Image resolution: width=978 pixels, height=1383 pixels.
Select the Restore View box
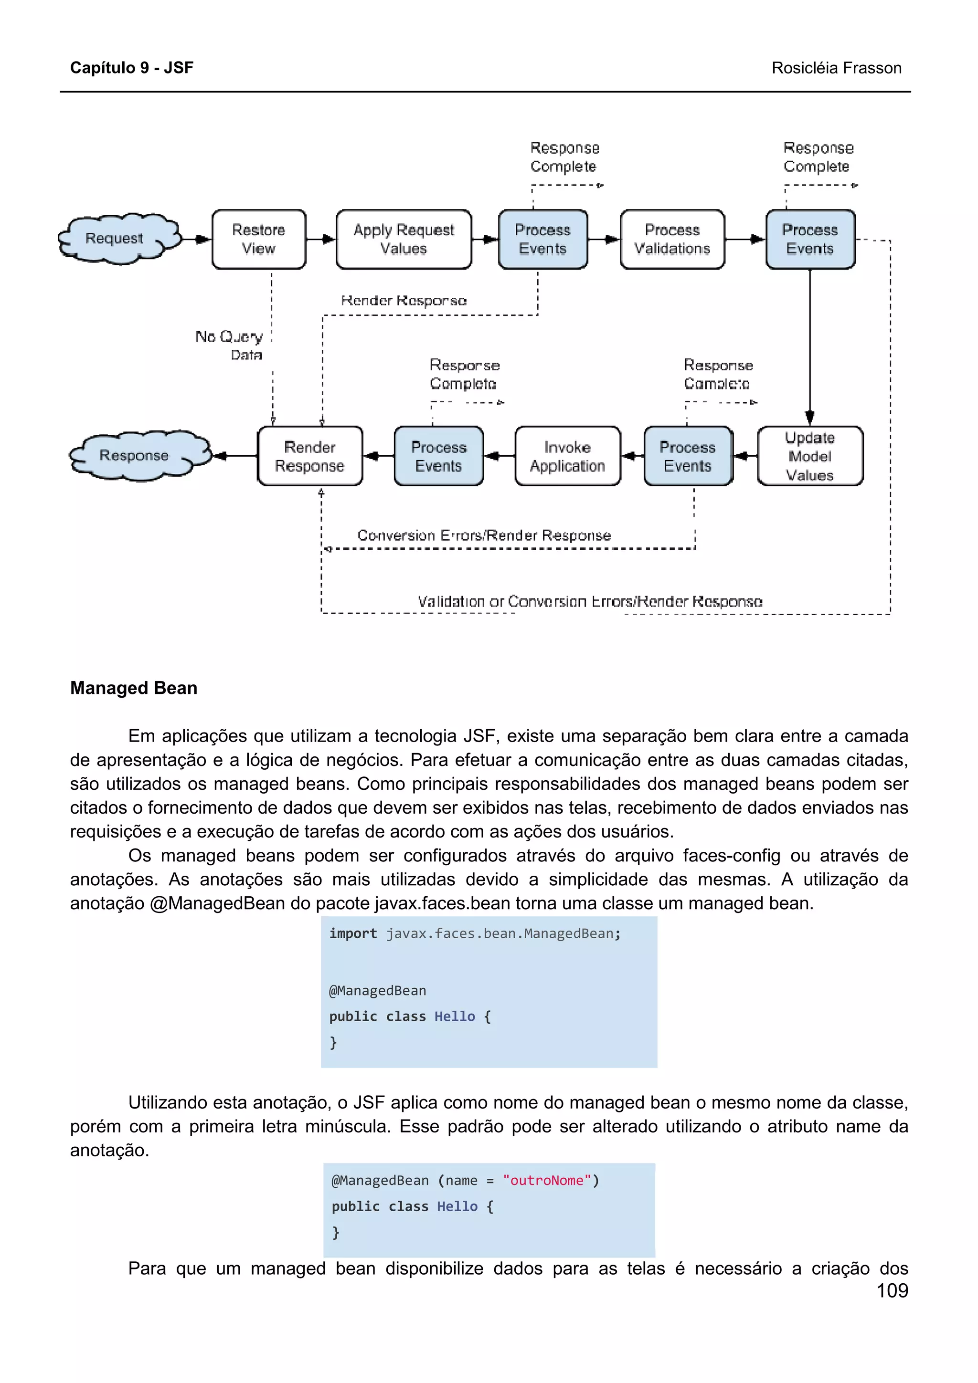tap(258, 239)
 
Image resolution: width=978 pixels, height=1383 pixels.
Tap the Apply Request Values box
tap(403, 239)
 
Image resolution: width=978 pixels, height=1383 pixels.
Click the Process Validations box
tap(672, 239)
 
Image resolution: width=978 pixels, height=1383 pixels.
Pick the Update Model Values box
tap(809, 456)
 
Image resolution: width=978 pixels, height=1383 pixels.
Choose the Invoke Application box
tap(567, 456)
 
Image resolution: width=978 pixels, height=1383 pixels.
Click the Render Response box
tap(310, 456)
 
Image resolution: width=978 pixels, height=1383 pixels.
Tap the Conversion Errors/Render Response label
tap(484, 535)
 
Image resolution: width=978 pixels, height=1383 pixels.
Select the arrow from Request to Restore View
tap(196, 239)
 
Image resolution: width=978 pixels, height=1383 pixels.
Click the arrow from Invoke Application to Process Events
tap(499, 456)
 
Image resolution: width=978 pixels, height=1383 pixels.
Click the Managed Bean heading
tap(134, 688)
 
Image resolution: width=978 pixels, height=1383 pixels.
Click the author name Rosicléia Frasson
tap(836, 68)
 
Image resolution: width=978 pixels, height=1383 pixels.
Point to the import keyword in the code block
tap(352, 933)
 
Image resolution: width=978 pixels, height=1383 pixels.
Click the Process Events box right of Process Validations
tap(809, 239)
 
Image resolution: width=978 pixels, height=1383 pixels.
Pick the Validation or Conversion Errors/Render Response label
tap(590, 601)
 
